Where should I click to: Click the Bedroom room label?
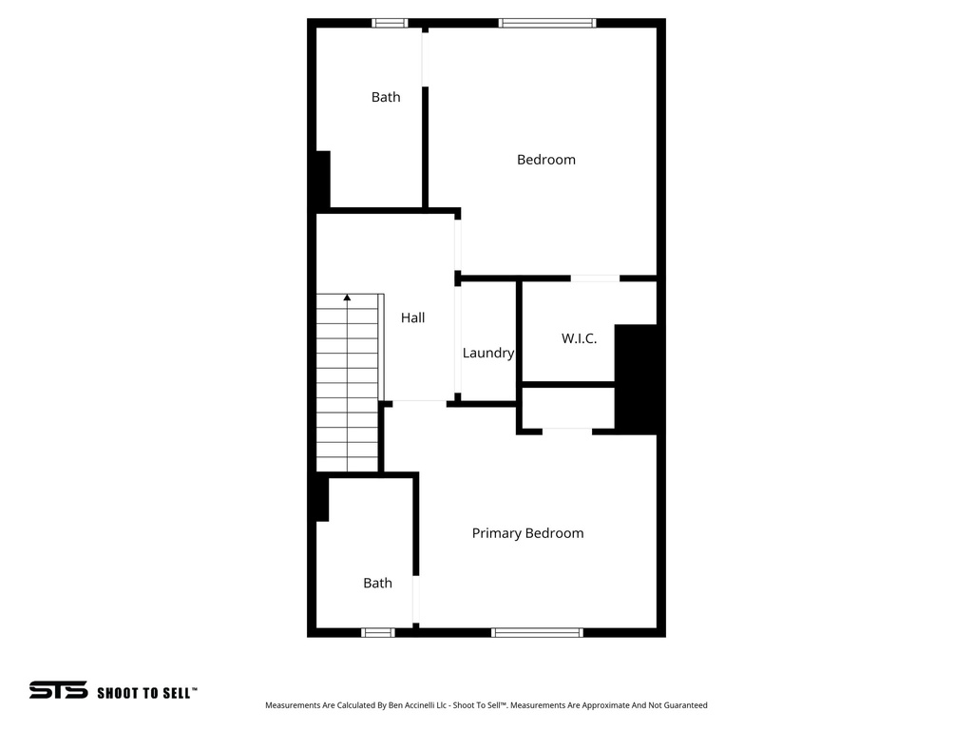[x=545, y=160]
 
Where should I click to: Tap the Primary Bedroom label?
[x=527, y=533]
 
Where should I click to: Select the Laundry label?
[x=487, y=353]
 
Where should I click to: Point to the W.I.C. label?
[x=579, y=338]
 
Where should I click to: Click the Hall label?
[x=412, y=318]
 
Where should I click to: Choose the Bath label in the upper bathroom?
[x=386, y=97]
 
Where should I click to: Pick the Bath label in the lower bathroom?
[x=377, y=583]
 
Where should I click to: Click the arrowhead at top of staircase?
[x=347, y=298]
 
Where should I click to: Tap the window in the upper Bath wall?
[x=389, y=23]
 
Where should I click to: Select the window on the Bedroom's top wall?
[x=546, y=23]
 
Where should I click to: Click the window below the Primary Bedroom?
[x=537, y=632]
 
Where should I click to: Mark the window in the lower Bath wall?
[x=378, y=632]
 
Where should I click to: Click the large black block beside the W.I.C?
[x=636, y=378]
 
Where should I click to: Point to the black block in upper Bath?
[x=322, y=179]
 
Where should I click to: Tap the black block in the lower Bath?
[x=321, y=498]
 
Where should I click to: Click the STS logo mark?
[x=58, y=690]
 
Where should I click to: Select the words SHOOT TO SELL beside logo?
[x=147, y=693]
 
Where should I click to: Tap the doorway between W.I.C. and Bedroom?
[x=595, y=279]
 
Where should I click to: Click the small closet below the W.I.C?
[x=567, y=410]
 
